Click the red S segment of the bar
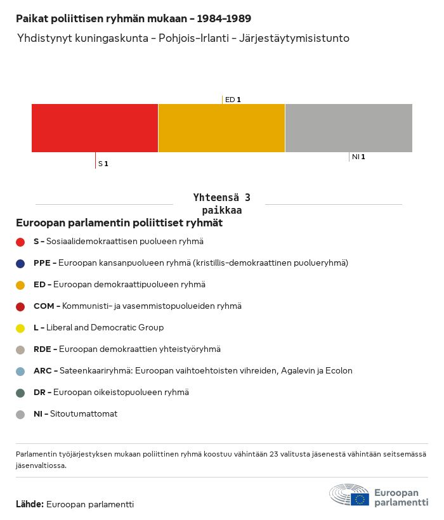pos(95,128)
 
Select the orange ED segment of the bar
pos(221,128)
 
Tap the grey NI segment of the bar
pos(349,128)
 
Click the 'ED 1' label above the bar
pos(233,100)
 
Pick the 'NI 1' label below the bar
pos(358,157)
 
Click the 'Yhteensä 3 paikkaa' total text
pos(221,204)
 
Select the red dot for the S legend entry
pos(20,242)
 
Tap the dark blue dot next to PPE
pos(20,263)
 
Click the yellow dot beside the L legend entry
pos(20,328)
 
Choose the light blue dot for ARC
pos(20,371)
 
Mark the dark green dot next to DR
pos(20,393)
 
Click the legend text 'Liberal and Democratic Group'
pos(105,328)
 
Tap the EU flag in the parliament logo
pos(360,499)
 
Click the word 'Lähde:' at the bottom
pos(30,504)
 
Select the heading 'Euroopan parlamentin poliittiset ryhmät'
pos(119,223)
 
